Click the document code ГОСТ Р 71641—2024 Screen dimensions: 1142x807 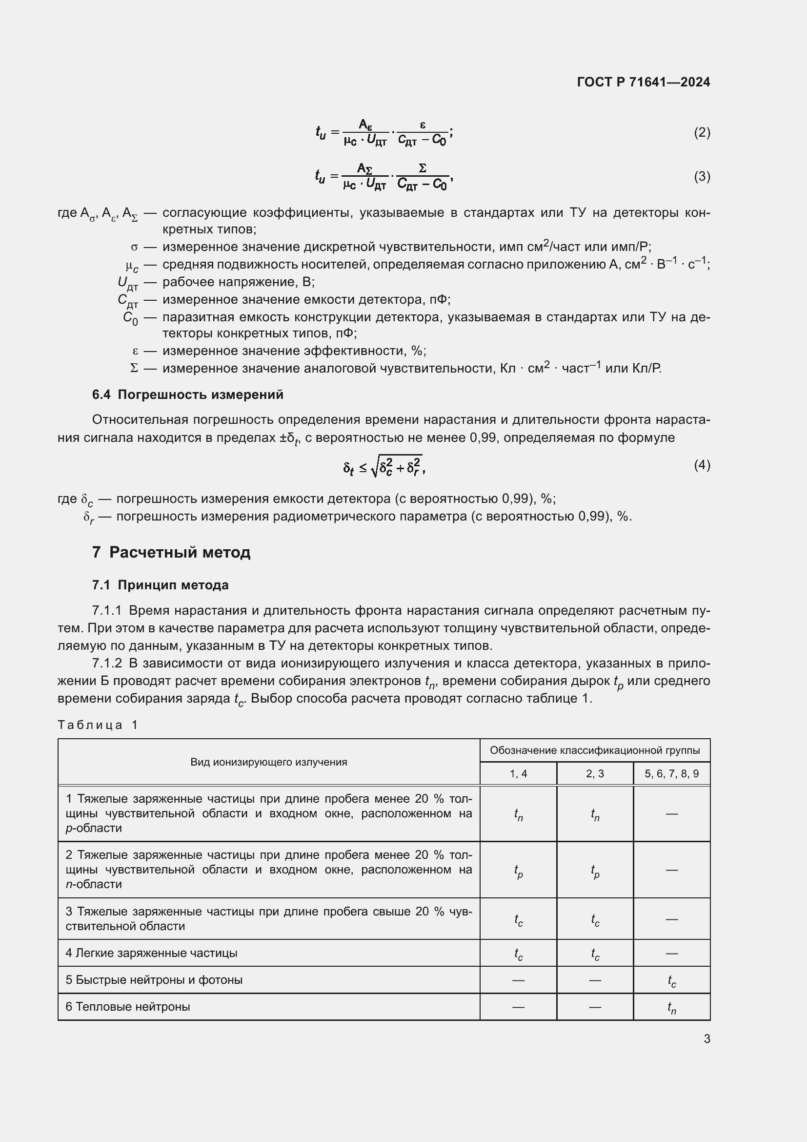[643, 82]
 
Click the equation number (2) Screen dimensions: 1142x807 [702, 132]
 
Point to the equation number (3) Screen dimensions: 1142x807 [702, 176]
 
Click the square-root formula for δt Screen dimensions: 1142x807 [383, 466]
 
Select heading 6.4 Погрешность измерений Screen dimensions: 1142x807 [187, 395]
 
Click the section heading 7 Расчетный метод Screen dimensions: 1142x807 [171, 552]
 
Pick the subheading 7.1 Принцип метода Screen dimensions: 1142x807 [160, 585]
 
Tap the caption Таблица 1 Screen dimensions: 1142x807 [98, 725]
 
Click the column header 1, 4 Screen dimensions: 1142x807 [518, 773]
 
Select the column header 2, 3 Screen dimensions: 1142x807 [594, 773]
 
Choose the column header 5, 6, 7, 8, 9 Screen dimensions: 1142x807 [671, 773]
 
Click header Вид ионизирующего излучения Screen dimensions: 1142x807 [268, 762]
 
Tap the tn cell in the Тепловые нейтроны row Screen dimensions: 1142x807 [671, 1008]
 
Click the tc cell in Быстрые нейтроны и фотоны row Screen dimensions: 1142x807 [671, 981]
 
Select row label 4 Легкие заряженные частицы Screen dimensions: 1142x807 [152, 953]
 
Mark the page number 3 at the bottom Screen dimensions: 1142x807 [706, 1038]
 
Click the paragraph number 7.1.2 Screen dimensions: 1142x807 [107, 663]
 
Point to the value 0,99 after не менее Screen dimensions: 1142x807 [483, 437]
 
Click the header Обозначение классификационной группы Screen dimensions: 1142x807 [594, 750]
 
